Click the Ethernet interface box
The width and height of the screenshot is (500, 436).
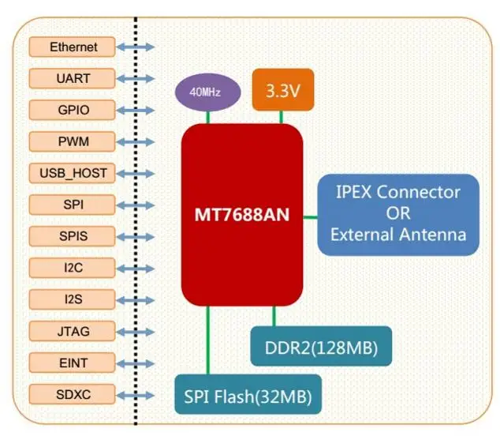(72, 47)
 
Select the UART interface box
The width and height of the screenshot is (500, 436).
(72, 78)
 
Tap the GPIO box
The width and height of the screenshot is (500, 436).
(72, 110)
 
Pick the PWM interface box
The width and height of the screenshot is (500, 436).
(72, 141)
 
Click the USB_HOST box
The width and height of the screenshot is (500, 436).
(72, 173)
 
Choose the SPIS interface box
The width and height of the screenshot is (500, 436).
(72, 236)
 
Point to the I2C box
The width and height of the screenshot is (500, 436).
(72, 268)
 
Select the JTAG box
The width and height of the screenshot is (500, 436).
(72, 331)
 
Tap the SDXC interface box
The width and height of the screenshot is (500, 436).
(72, 394)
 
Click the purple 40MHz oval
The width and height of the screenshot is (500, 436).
(208, 92)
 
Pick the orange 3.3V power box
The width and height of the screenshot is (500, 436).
(283, 90)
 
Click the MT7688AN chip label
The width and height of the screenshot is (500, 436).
(242, 215)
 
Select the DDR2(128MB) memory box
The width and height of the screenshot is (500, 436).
(321, 346)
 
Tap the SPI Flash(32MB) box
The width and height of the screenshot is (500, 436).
(248, 394)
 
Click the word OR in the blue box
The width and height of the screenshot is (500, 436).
(398, 213)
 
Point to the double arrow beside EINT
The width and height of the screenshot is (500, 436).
(135, 363)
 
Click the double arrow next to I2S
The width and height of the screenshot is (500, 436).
(135, 300)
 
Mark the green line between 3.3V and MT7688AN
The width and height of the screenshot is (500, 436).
(282, 117)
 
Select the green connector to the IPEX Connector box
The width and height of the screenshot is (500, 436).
(310, 217)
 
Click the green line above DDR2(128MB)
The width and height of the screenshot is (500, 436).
(274, 316)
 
